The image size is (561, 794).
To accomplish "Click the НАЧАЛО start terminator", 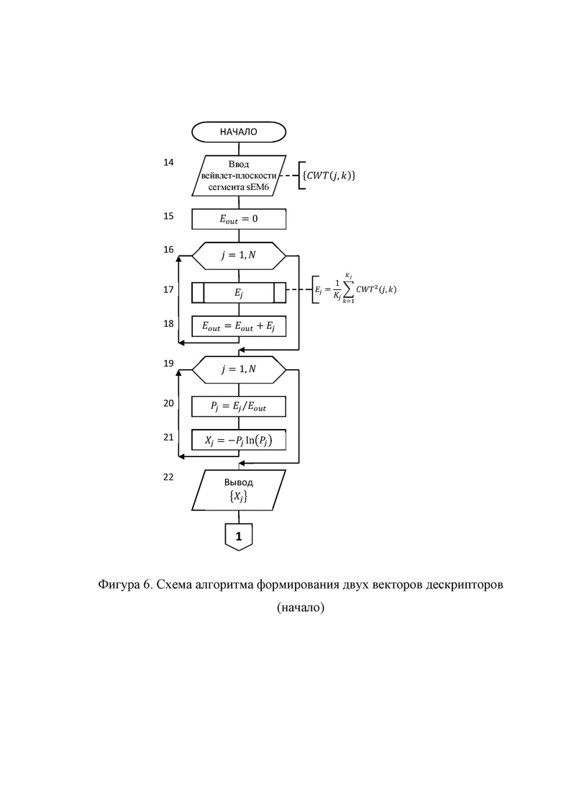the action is pos(239,132).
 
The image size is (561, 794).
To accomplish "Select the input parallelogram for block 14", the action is pos(239,176).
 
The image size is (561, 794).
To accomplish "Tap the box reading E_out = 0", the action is pos(239,219).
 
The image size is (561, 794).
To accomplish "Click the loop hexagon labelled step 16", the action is pos(239,256).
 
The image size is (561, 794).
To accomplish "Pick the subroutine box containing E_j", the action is pos(239,292).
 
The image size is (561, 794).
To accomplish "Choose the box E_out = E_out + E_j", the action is pos(239,326).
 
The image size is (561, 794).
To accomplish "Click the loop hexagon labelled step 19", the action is pos(239,369).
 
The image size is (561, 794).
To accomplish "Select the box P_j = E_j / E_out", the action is pos(239,406).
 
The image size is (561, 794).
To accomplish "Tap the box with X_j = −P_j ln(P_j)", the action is pos(239,440).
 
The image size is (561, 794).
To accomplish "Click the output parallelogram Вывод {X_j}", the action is pos(239,490).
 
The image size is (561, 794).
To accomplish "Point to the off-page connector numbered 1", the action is pos(239,536).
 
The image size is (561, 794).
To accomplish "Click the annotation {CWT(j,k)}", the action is pos(329,176).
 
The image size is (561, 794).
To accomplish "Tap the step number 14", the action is pos(168,162).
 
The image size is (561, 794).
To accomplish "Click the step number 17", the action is pos(168,289).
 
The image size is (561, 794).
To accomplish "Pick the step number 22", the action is pos(168,477).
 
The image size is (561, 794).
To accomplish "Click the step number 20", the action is pos(168,403).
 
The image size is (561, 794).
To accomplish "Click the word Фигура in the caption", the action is pos(118,585).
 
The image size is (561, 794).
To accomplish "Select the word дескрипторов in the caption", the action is pos(465,585).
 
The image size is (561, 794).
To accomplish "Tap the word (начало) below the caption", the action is pos(301,607).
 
